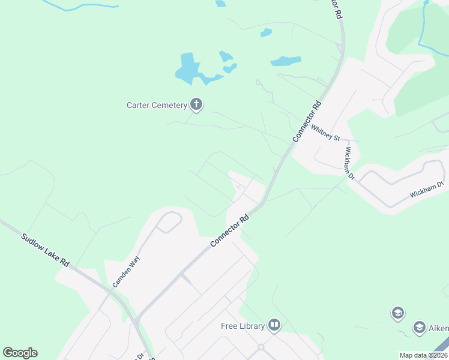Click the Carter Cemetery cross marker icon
click(196, 105)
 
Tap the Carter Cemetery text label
click(157, 105)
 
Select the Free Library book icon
click(274, 326)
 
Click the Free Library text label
click(243, 326)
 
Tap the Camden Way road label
click(126, 271)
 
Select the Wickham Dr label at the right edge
click(426, 190)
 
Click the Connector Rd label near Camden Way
click(230, 231)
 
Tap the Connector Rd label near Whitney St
click(307, 121)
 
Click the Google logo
click(20, 353)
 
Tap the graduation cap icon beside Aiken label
click(419, 328)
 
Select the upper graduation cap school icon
click(397, 313)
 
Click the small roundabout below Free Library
click(261, 347)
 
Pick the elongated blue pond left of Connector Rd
click(285, 61)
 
